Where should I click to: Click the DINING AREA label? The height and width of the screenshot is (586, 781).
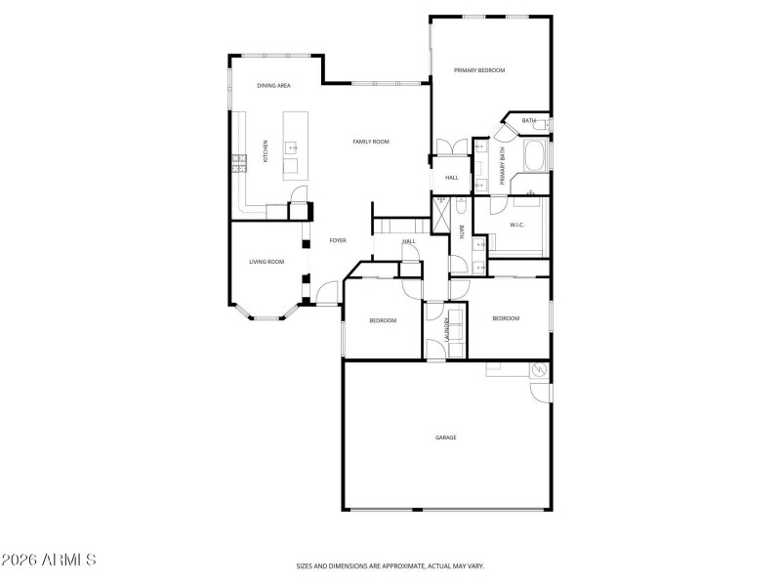pos(273,86)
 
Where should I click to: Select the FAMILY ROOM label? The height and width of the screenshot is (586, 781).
pos(371,142)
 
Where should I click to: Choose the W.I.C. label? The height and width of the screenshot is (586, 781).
pos(517,226)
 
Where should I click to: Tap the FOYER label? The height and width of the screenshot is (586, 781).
pos(338,240)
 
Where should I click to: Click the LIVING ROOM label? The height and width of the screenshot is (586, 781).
pos(267,262)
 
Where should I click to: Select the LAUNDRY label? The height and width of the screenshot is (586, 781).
pos(448,329)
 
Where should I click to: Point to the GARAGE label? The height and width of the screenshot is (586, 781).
pos(445,437)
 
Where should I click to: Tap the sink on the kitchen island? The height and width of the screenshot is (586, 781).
pos(291,148)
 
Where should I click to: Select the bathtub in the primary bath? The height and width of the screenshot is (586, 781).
pos(535,156)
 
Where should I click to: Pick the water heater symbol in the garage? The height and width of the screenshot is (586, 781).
pos(536,370)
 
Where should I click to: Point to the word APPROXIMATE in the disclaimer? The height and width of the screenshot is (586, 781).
pos(403,565)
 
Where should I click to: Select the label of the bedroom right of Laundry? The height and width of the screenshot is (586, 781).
pos(506,318)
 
